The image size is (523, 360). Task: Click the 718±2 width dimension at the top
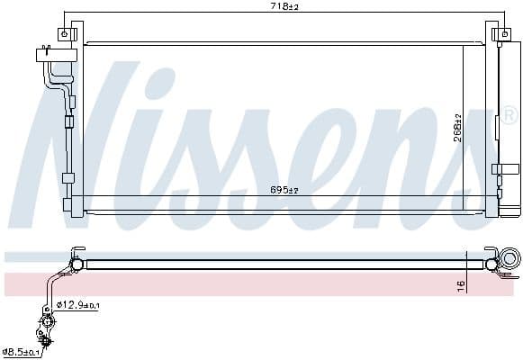[x=286, y=7]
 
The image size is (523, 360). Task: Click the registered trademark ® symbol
[x=509, y=116]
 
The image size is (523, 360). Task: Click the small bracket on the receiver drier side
[x=506, y=168]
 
